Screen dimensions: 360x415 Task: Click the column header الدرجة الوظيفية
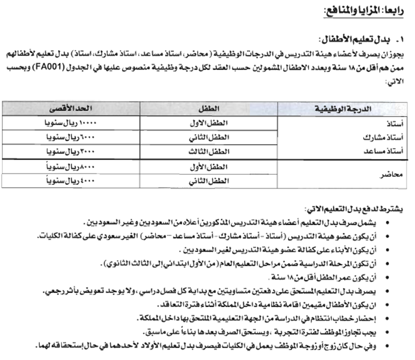(x=344, y=109)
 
